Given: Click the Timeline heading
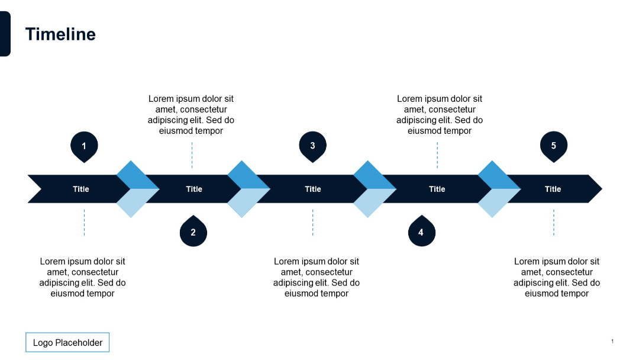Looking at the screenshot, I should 60,34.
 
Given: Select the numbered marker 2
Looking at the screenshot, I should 193,232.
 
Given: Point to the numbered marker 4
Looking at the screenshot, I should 421,232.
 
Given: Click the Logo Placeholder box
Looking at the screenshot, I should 67,342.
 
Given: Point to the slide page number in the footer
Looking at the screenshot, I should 612,341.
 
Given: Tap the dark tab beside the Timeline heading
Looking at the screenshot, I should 5,34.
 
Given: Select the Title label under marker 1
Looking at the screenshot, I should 81,189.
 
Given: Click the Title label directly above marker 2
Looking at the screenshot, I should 194,189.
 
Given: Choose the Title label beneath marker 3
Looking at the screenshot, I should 313,189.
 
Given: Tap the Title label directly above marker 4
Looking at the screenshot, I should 437,189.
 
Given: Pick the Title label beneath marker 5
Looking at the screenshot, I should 553,189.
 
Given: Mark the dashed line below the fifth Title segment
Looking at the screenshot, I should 554,222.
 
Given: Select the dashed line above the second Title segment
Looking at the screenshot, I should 192,155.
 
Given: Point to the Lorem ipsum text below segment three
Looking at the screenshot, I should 317,277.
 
